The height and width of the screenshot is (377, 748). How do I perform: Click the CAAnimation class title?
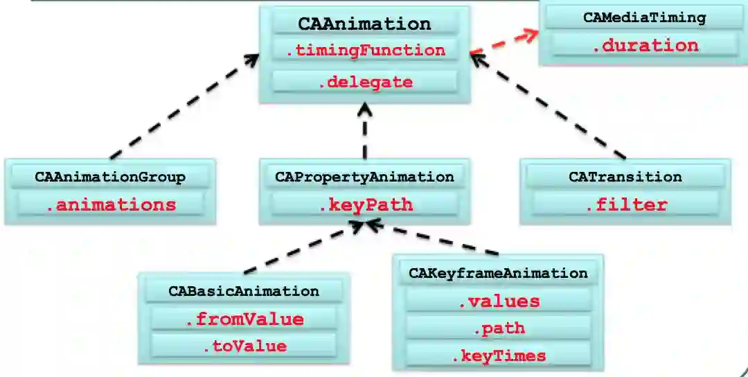(x=364, y=24)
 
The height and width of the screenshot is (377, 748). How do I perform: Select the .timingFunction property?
(x=364, y=50)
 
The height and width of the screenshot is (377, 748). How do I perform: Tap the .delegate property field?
(x=364, y=82)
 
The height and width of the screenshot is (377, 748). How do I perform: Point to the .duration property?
(x=644, y=46)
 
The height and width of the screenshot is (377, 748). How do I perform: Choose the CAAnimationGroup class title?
(x=110, y=177)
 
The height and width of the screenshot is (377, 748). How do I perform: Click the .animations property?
(x=110, y=204)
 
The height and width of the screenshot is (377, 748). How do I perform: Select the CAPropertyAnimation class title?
(x=364, y=177)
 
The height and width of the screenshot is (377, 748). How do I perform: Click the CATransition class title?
(x=625, y=177)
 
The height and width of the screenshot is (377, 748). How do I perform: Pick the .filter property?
(x=625, y=204)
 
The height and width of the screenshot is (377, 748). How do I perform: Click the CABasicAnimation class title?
(x=244, y=291)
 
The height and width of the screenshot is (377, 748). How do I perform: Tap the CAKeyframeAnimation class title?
(x=498, y=273)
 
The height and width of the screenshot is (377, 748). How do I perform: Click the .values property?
(x=498, y=301)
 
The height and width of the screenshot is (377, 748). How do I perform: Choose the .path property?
(x=498, y=328)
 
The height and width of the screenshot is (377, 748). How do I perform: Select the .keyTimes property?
(x=498, y=356)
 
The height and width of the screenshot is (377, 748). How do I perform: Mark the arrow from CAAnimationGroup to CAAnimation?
(x=184, y=107)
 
